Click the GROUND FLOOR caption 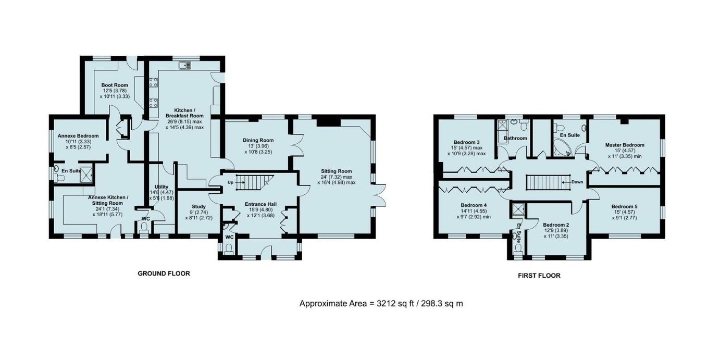164,274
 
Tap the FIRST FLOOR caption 539,276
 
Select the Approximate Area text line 381,304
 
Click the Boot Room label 115,85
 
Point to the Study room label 198,207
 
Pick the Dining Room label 258,140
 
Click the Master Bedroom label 625,145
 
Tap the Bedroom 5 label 624,207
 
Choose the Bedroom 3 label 466,142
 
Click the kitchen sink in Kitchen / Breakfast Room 185,66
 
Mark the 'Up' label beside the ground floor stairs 230,182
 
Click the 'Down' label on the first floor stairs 577,182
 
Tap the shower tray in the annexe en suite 86,175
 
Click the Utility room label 162,187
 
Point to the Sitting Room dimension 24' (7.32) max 337,177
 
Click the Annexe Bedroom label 78,136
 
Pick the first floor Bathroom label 515,138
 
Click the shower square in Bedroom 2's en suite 518,209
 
